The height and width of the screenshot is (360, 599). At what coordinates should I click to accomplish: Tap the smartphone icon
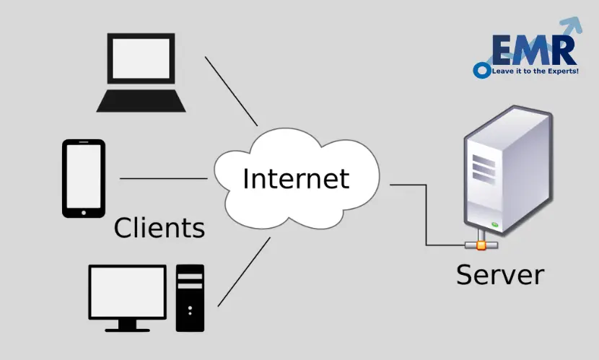pyautogui.click(x=84, y=178)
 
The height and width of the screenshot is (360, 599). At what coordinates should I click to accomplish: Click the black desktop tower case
pyautogui.click(x=190, y=296)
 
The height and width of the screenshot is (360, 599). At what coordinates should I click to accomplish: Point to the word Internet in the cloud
pyautogui.click(x=296, y=178)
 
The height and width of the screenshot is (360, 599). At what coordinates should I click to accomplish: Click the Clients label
pyautogui.click(x=159, y=228)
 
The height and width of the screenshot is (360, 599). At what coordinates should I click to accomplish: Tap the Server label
pyautogui.click(x=500, y=274)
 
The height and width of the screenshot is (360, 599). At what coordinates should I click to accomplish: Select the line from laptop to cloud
pyautogui.click(x=231, y=90)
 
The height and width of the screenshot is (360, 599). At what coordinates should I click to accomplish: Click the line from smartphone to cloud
pyautogui.click(x=163, y=178)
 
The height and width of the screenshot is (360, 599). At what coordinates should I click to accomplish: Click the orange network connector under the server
pyautogui.click(x=481, y=245)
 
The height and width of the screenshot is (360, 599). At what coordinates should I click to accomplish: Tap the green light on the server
pyautogui.click(x=495, y=226)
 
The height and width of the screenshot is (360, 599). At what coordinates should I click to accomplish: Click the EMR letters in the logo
pyautogui.click(x=533, y=51)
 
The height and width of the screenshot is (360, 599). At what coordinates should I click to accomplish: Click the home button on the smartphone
pyautogui.click(x=84, y=212)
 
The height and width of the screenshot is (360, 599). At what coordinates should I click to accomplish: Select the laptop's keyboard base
pyautogui.click(x=141, y=101)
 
